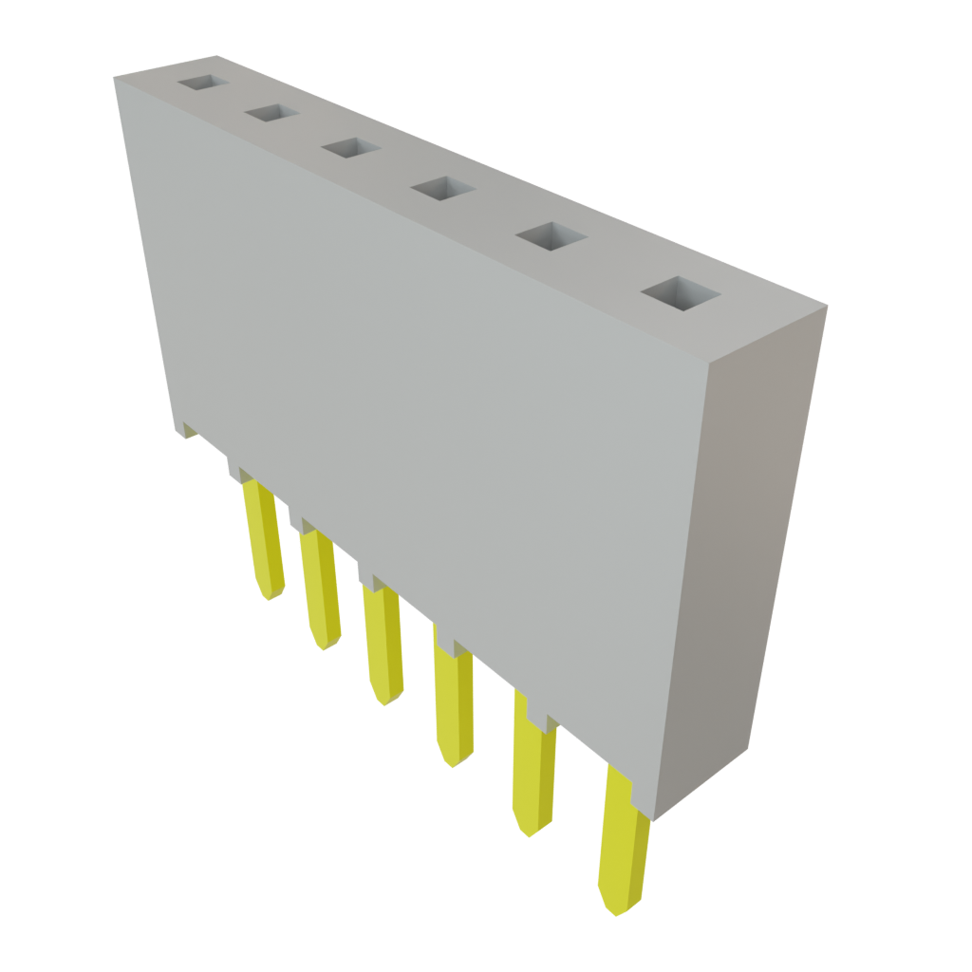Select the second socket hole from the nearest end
(551, 236)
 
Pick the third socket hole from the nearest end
(442, 189)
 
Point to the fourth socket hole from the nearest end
(351, 148)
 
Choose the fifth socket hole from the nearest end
(272, 113)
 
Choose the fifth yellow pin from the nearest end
(320, 589)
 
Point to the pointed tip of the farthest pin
(271, 596)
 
